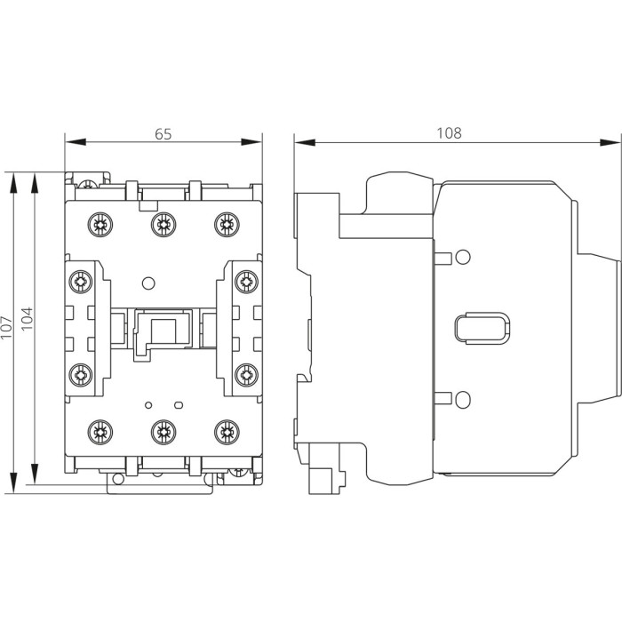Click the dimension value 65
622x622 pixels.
pos(163,133)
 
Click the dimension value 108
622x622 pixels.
pos(449,133)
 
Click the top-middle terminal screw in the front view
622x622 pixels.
pos(161,222)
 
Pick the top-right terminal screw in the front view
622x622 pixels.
pos(225,222)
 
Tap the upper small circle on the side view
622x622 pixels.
pos(461,258)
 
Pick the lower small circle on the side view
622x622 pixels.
pos(461,398)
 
